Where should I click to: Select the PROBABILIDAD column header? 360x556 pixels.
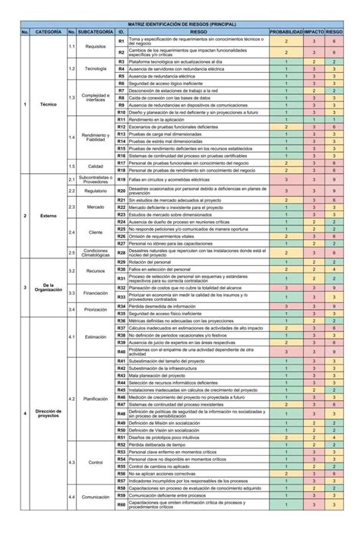point(286,33)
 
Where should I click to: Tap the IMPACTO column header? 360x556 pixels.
point(314,33)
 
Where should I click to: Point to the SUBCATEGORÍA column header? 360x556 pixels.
point(95,33)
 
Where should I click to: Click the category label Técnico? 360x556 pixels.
point(49,104)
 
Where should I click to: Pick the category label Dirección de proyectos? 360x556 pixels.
point(49,413)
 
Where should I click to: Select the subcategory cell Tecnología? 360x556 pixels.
point(95,69)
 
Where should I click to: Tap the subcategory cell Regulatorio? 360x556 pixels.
point(95,191)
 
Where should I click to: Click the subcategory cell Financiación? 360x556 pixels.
point(95,292)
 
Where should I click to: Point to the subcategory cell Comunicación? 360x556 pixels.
point(95,497)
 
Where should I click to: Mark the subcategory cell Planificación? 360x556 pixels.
point(95,398)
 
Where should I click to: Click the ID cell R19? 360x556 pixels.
point(122,179)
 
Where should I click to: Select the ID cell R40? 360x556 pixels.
point(122,352)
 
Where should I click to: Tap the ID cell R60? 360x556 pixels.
point(122,504)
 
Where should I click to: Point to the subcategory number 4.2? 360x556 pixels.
point(71,398)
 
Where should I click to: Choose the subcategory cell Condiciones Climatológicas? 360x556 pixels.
point(95,252)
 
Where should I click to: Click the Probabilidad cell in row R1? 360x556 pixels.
point(286,41)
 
